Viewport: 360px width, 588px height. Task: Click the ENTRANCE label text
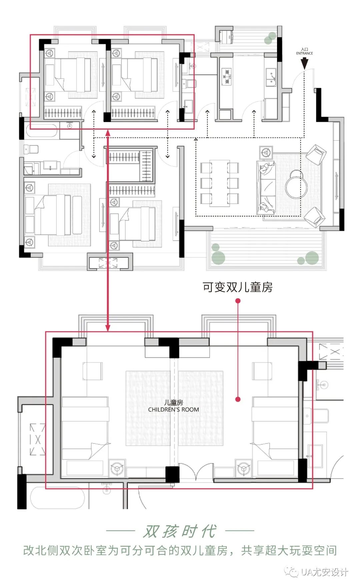tap(304, 53)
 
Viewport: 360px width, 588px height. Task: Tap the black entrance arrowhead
tap(304, 64)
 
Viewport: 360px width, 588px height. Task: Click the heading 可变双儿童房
tap(238, 287)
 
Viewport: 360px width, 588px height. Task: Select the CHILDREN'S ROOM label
tap(173, 409)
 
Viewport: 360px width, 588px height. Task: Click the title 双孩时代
tap(180, 531)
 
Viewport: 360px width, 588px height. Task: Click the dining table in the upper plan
tap(219, 183)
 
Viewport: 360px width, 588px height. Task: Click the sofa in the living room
tap(266, 187)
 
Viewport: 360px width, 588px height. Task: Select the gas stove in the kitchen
tap(227, 77)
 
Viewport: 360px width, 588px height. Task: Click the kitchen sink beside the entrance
tap(271, 77)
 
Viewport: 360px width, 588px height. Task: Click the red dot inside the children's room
tap(238, 399)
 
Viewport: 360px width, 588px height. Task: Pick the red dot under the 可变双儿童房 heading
tap(238, 301)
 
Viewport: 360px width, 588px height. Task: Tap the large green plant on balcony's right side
tap(312, 258)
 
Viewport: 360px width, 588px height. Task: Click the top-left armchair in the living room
tap(316, 154)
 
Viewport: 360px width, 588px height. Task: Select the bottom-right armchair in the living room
tap(315, 217)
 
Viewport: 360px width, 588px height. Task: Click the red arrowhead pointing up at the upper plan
tap(108, 133)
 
